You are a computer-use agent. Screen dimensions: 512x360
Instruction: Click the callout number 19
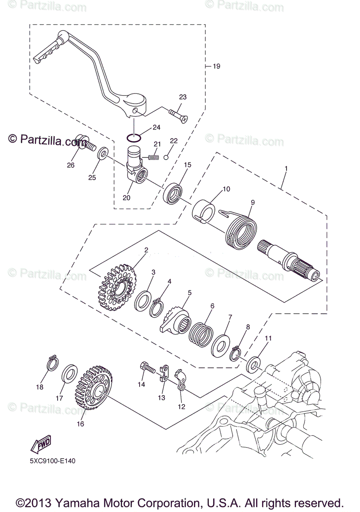coord(216,66)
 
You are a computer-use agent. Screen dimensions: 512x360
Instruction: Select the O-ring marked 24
coord(134,137)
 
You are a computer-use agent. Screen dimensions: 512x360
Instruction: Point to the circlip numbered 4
coord(157,307)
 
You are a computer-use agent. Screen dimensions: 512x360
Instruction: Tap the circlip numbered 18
coord(52,364)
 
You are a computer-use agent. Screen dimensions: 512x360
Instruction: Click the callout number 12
coord(181,407)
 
